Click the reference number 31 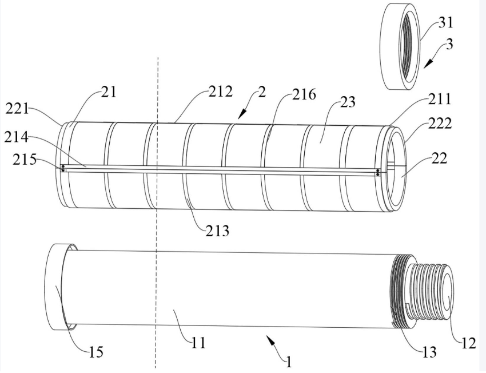(445, 23)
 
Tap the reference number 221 (17, 109)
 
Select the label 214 (16, 137)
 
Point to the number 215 (25, 160)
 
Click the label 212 (220, 92)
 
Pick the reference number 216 (304, 94)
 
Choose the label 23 (348, 102)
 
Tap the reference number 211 (440, 100)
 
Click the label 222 (440, 124)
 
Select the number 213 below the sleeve (218, 231)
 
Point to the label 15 (96, 352)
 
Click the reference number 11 (198, 343)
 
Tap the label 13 (429, 352)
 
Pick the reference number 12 (469, 344)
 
